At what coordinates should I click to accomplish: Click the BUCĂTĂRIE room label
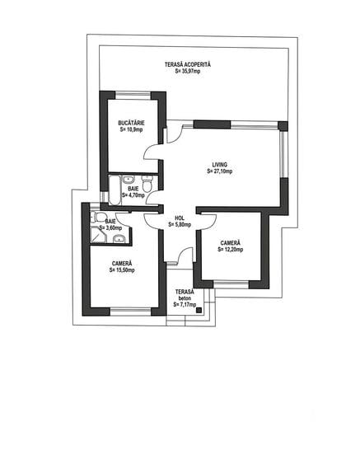click(131, 123)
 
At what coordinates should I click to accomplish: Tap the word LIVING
click(219, 165)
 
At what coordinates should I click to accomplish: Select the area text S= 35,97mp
click(188, 71)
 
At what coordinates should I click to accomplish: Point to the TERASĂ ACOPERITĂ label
click(188, 64)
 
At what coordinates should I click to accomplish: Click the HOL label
click(180, 218)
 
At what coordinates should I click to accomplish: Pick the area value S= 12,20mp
click(231, 250)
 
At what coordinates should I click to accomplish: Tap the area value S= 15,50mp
click(122, 269)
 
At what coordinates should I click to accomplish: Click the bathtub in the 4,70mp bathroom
click(115, 190)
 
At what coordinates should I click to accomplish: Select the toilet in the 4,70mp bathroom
click(147, 183)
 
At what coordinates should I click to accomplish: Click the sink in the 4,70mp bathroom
click(129, 180)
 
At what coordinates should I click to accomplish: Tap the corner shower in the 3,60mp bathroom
click(98, 235)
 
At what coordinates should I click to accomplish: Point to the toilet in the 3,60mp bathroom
click(99, 218)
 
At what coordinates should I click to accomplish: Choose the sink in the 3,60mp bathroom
click(119, 239)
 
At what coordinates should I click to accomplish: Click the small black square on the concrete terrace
click(199, 310)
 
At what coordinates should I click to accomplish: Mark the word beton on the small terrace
click(185, 298)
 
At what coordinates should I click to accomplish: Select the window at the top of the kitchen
click(133, 95)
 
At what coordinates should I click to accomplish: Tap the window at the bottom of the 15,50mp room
click(130, 311)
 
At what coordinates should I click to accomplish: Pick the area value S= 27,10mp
click(220, 171)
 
